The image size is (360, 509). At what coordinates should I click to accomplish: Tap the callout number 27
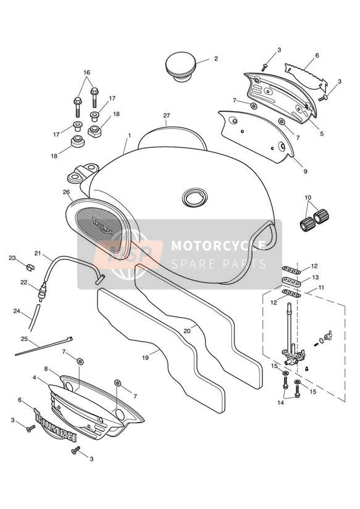(x=167, y=116)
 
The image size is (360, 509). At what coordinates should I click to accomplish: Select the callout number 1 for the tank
(x=130, y=135)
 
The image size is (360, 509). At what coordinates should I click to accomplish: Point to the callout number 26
(x=66, y=192)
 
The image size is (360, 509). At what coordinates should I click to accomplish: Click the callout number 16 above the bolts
(x=86, y=72)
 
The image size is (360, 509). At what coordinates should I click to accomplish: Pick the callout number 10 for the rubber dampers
(x=308, y=198)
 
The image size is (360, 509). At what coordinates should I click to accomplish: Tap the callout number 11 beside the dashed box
(x=321, y=287)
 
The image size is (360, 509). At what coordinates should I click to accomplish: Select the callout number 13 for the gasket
(x=315, y=277)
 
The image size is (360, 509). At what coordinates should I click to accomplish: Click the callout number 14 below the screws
(x=281, y=403)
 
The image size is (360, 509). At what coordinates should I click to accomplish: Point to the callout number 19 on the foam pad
(x=145, y=358)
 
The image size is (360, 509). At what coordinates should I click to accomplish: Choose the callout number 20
(x=186, y=330)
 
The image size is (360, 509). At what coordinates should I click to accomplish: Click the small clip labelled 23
(x=30, y=267)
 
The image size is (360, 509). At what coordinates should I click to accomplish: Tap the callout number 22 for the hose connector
(x=23, y=282)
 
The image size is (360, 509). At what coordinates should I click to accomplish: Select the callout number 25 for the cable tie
(x=24, y=339)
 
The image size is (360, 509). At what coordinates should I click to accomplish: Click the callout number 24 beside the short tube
(x=17, y=311)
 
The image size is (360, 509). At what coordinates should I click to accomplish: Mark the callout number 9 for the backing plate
(x=305, y=171)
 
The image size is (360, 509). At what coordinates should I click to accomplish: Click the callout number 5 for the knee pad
(x=321, y=134)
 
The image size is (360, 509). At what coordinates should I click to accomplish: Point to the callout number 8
(x=46, y=369)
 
